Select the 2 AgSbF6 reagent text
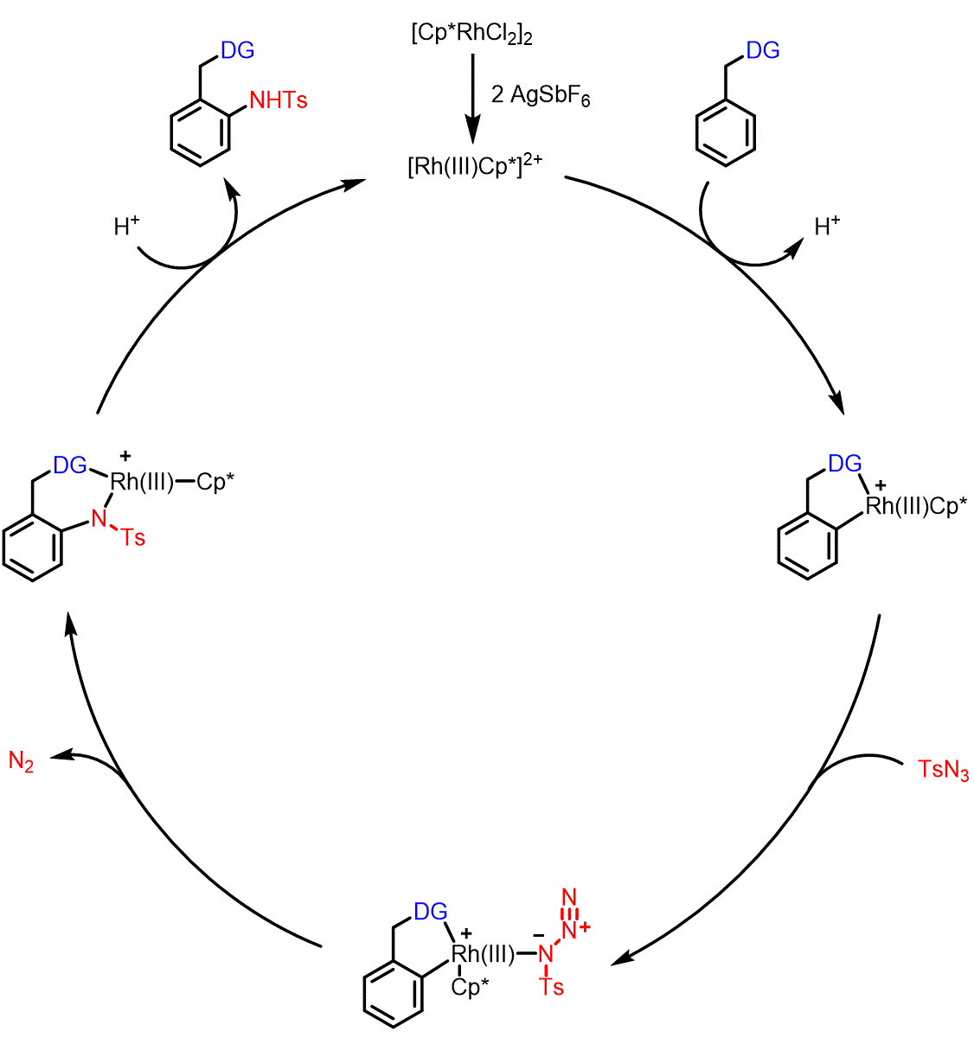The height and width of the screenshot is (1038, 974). [x=540, y=96]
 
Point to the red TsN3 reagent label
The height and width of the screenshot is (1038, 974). [x=943, y=770]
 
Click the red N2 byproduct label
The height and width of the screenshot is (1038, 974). [x=22, y=762]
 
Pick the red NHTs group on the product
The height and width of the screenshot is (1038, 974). [x=278, y=100]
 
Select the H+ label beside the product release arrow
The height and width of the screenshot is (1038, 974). [x=127, y=227]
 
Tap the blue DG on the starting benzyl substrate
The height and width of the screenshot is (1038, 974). [x=762, y=51]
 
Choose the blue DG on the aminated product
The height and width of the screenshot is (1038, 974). [x=238, y=51]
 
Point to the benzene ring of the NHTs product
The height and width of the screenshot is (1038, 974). [x=201, y=131]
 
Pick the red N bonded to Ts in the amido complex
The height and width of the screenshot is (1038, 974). [x=99, y=520]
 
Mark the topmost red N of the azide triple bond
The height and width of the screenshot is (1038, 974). [x=568, y=896]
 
